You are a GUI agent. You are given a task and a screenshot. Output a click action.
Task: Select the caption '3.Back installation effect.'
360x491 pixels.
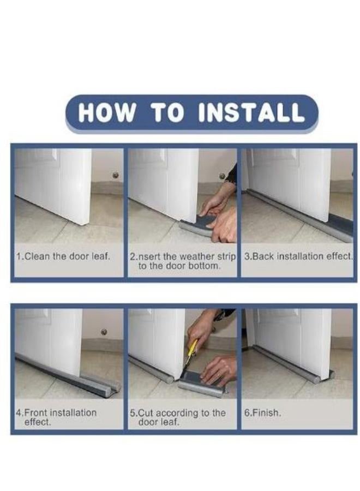click(x=298, y=256)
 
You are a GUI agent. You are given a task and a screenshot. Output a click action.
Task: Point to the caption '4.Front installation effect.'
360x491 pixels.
click(x=56, y=417)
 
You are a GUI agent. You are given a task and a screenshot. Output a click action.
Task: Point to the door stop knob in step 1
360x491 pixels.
click(x=115, y=175)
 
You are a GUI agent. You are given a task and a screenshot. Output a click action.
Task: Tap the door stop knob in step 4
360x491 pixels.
click(x=104, y=332)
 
